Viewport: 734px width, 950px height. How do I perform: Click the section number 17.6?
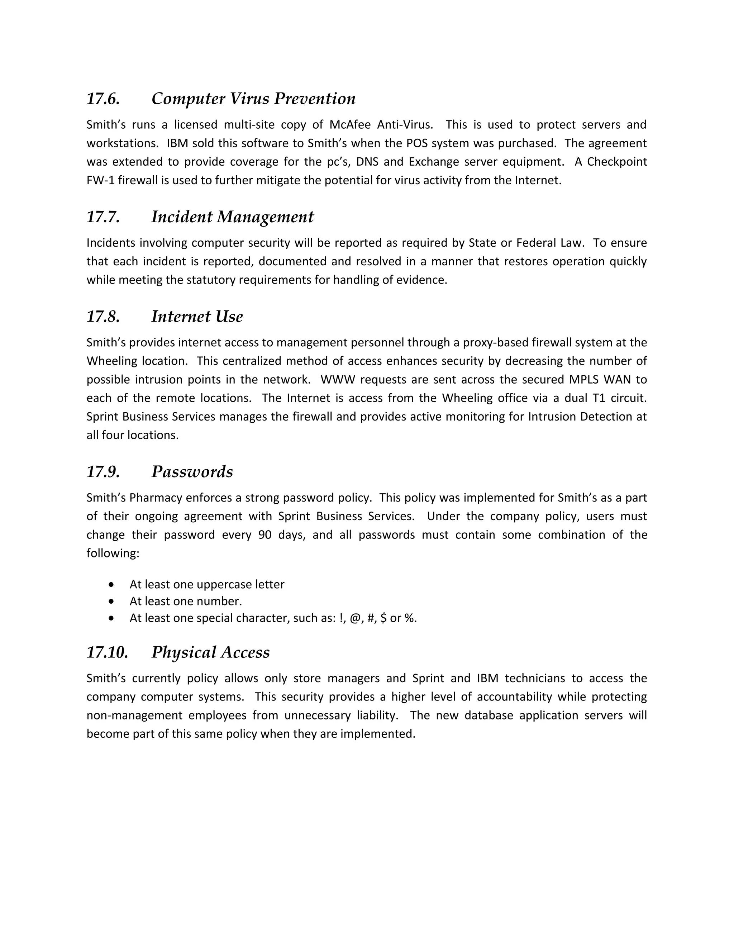(x=103, y=99)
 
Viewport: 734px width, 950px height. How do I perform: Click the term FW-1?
(x=100, y=180)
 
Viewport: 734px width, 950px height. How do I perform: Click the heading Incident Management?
(x=232, y=217)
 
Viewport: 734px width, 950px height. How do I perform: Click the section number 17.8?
(x=103, y=317)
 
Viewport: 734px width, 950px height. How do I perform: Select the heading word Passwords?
(x=192, y=472)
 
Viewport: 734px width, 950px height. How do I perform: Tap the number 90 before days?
(x=265, y=535)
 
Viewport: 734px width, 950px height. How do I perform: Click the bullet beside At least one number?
(x=112, y=601)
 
